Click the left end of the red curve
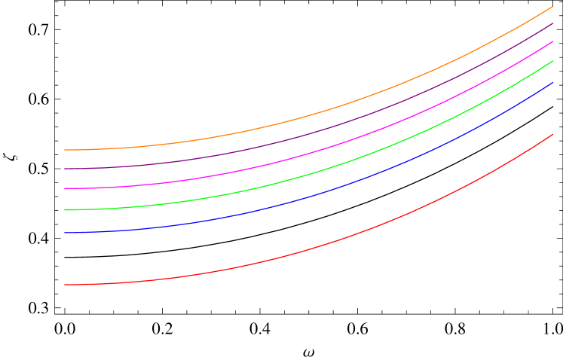[x=65, y=285]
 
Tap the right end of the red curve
[x=553, y=135]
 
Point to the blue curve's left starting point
[x=65, y=233]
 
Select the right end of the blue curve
[x=553, y=83]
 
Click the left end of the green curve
[x=65, y=209]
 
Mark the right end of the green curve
[x=553, y=61]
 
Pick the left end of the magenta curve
[x=65, y=188]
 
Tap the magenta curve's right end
[x=553, y=41]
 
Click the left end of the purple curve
[x=65, y=169]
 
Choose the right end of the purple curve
[x=553, y=23]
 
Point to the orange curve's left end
[x=65, y=150]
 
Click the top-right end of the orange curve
[x=553, y=6]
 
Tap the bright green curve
[x=301, y=177]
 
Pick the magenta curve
[x=301, y=156]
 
